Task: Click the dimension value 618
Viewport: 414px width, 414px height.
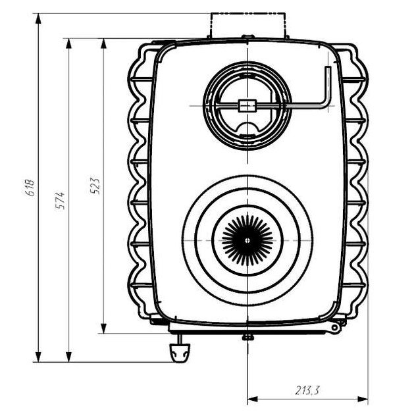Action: click(x=30, y=188)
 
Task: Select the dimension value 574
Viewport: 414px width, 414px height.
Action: click(x=61, y=201)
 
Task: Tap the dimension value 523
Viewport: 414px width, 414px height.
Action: click(x=95, y=186)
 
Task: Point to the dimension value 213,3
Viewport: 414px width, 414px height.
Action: click(x=307, y=390)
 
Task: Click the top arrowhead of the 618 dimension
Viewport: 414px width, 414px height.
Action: click(x=39, y=18)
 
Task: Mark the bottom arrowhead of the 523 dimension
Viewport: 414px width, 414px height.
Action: click(x=104, y=328)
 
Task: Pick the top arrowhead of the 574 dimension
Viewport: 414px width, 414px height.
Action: click(x=68, y=43)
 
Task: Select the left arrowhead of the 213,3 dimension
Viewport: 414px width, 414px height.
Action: click(x=253, y=399)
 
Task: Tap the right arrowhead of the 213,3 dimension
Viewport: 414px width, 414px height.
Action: click(x=363, y=399)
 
